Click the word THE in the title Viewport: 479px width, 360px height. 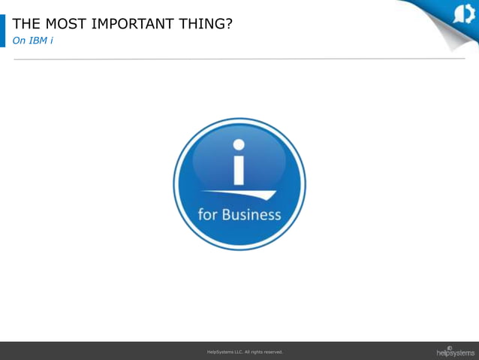[27, 23]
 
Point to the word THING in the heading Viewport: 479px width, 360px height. [202, 23]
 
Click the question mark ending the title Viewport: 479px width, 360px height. [228, 23]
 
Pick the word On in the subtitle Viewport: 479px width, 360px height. [19, 40]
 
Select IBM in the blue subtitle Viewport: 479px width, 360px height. [38, 40]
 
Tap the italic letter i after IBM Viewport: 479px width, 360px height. [51, 40]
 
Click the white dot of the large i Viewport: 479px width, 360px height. [239, 145]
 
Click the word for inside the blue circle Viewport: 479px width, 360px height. [208, 215]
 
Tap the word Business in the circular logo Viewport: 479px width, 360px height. [252, 215]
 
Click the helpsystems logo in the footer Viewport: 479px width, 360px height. [455, 351]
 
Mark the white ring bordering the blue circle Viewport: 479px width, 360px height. [239, 120]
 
